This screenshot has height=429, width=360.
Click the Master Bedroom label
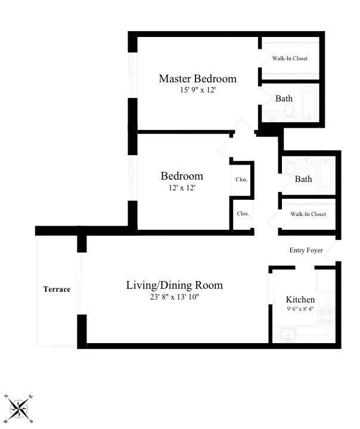197,79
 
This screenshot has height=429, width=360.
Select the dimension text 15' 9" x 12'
197,91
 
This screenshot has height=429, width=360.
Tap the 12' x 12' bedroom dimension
181,187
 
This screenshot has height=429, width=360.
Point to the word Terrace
57,289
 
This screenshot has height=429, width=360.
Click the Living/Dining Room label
174,285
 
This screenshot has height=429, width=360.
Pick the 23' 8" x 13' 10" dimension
174,297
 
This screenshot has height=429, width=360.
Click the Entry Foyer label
305,250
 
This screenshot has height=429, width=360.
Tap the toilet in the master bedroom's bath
289,111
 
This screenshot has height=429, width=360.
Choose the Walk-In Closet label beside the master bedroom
290,58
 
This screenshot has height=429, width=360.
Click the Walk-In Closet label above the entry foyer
308,214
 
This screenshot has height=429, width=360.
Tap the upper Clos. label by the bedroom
241,179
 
